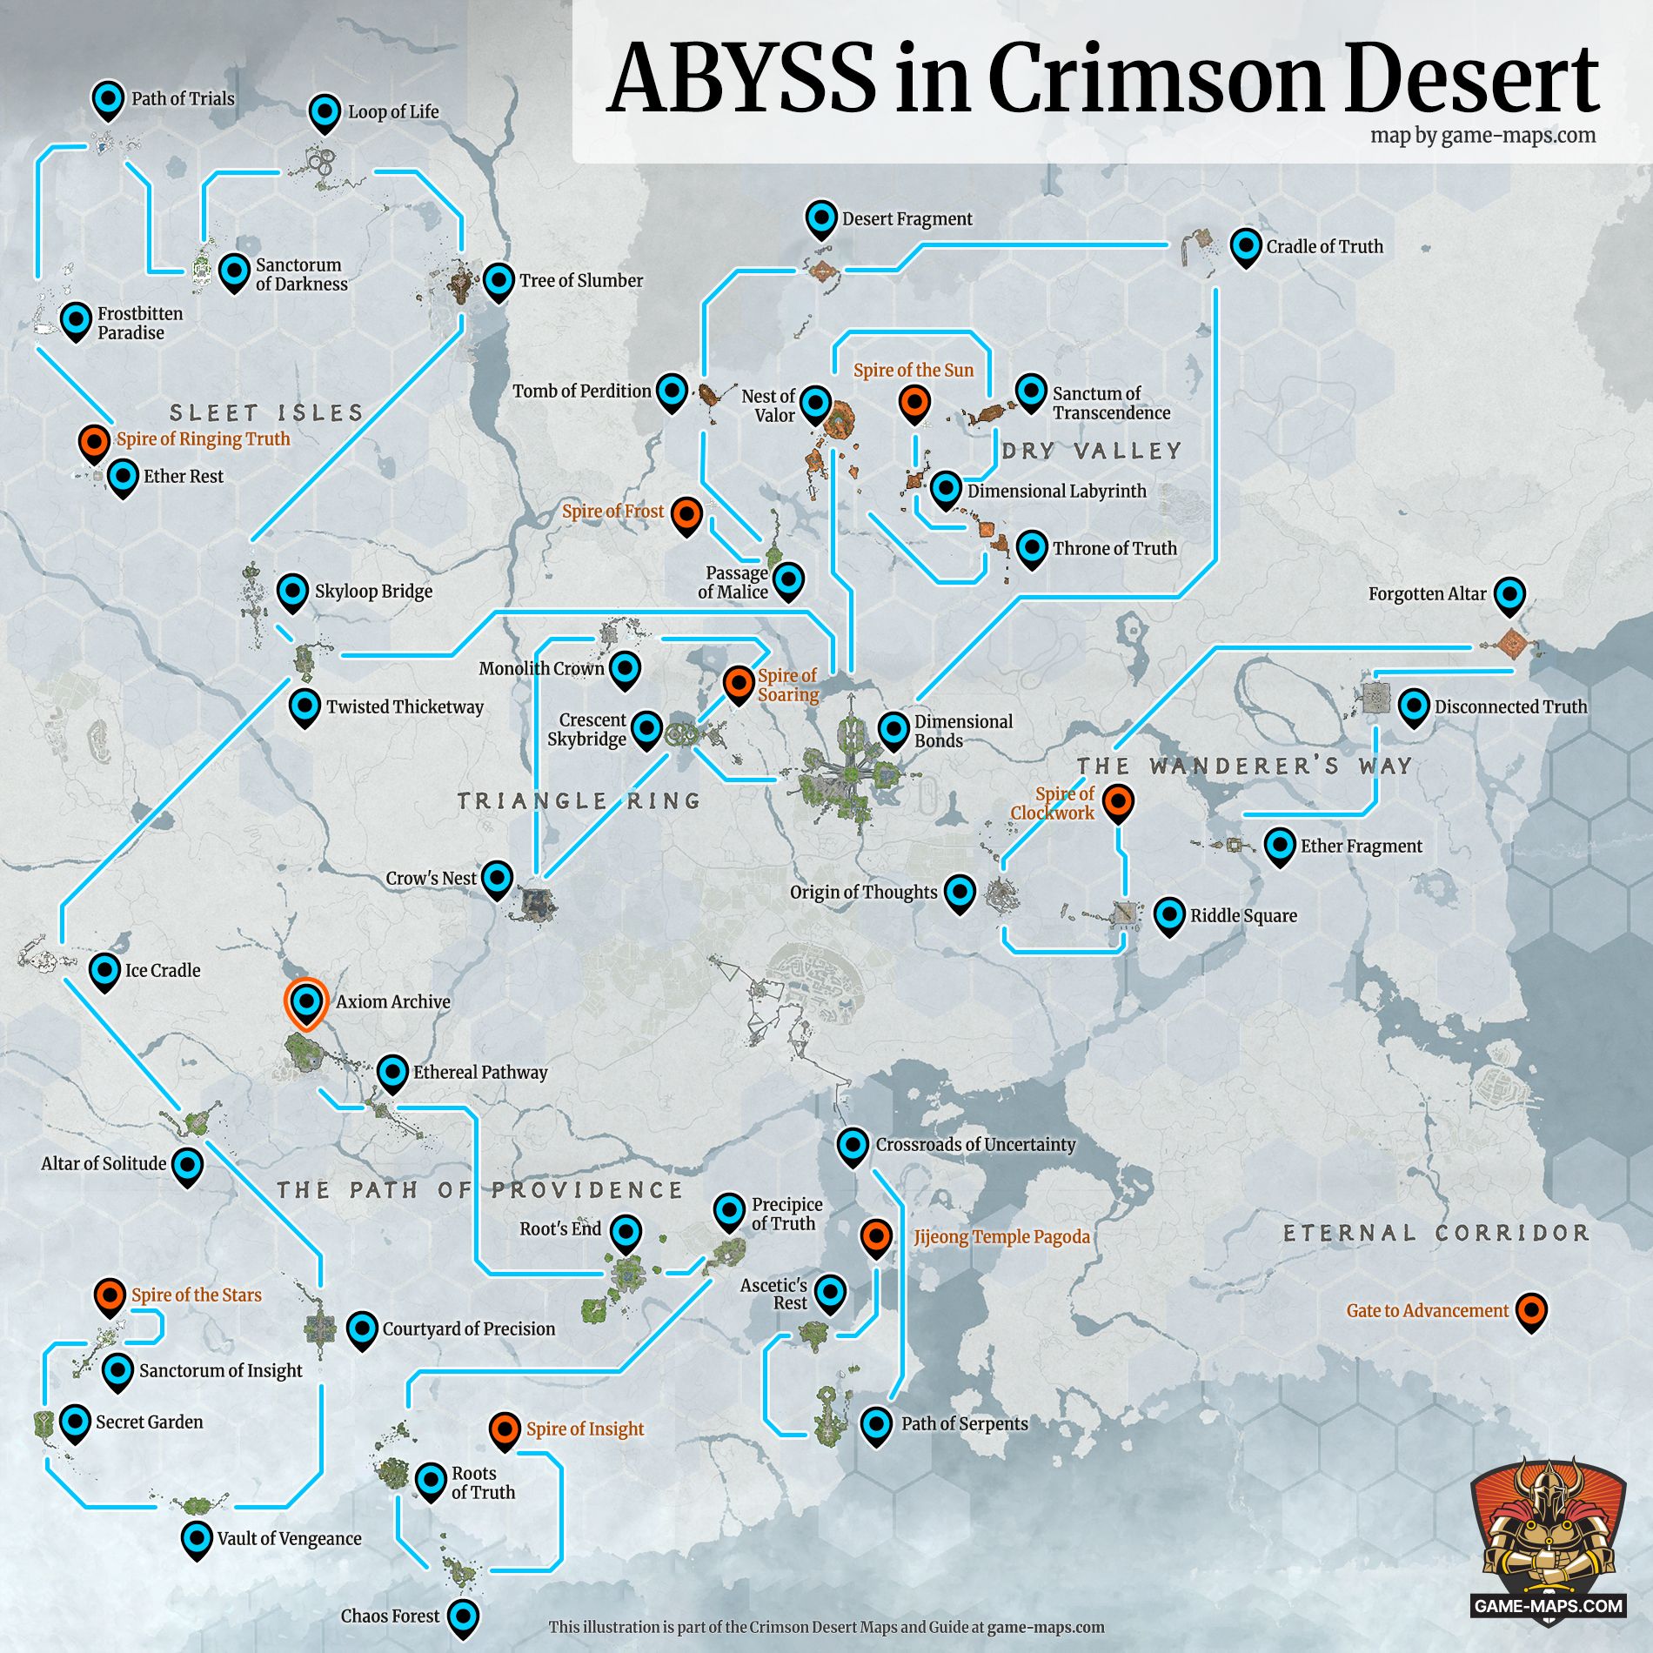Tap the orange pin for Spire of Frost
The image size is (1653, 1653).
click(x=686, y=514)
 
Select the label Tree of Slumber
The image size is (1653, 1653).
click(x=580, y=281)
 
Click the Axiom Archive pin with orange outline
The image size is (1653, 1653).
click(x=305, y=1002)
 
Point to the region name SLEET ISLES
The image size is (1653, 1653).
click(x=266, y=412)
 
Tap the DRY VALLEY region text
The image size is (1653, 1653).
click(x=1092, y=451)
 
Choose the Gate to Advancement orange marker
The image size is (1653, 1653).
click(x=1530, y=1310)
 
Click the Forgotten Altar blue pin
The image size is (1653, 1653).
click(x=1509, y=595)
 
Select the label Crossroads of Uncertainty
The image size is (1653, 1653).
click(x=974, y=1145)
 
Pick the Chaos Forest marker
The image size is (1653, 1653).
click(x=463, y=1616)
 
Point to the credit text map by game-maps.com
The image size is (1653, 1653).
click(x=1482, y=136)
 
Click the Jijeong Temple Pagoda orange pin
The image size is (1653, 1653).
click(x=876, y=1236)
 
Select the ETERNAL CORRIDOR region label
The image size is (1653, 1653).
click(x=1435, y=1233)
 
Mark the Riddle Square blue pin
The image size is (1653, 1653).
click(x=1169, y=915)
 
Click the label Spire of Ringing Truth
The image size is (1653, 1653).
click(x=203, y=439)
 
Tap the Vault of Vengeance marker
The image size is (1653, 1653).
click(x=197, y=1538)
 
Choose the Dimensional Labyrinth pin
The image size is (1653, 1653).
click(x=946, y=490)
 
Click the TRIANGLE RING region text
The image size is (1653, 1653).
click(x=579, y=800)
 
